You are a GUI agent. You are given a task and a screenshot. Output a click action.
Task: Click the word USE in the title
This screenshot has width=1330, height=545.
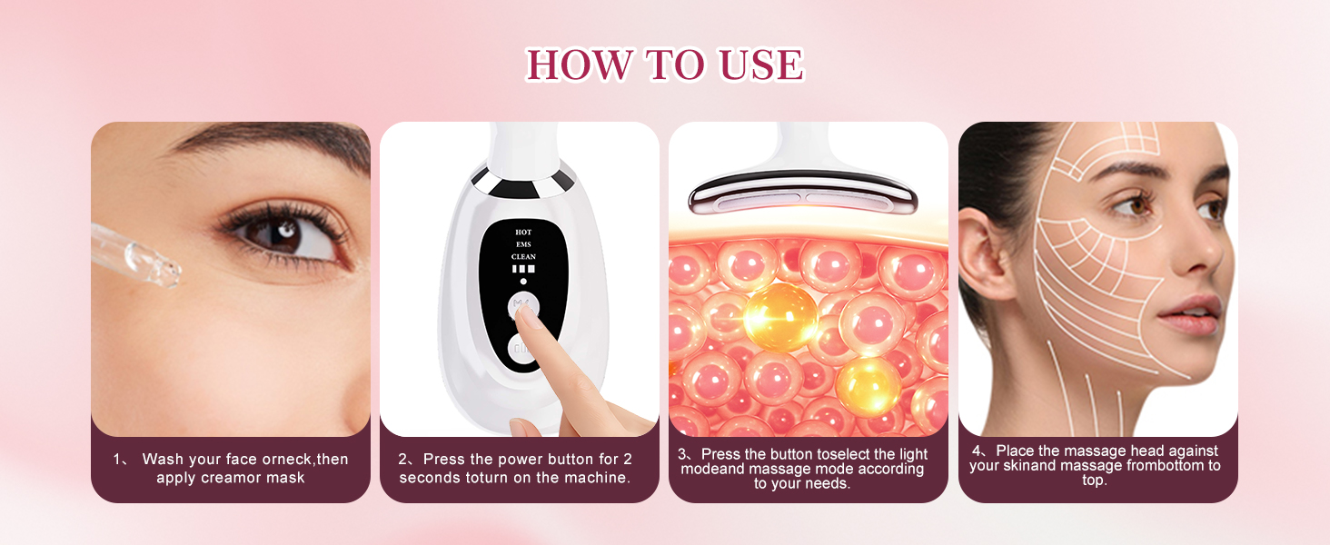(760, 65)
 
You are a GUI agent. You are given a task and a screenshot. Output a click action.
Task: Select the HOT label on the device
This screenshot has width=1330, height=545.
(523, 232)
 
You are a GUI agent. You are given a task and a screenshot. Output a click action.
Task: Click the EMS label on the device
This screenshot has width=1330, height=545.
(523, 244)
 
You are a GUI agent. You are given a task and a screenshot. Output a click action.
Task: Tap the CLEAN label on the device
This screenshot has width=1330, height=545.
(523, 257)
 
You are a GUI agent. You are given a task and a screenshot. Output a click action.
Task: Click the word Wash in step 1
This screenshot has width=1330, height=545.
(164, 460)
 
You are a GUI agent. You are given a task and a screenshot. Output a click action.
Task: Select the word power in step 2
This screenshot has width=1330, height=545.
(509, 460)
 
